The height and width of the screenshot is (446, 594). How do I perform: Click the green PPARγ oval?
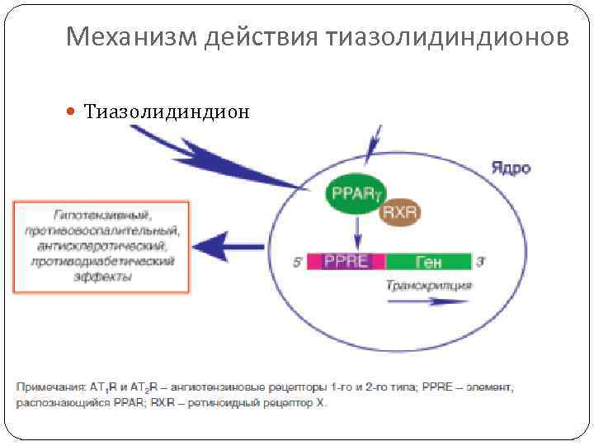click(x=356, y=195)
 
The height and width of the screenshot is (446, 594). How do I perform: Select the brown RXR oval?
click(x=400, y=214)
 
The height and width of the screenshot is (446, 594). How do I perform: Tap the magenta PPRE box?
click(x=346, y=262)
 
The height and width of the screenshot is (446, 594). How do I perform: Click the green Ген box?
click(x=428, y=262)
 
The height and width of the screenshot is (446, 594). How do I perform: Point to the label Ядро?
click(x=511, y=168)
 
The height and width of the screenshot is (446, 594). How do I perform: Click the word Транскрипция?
click(x=428, y=285)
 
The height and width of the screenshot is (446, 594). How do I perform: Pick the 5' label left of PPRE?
click(x=298, y=263)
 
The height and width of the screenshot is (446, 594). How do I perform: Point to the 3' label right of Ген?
click(x=480, y=262)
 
